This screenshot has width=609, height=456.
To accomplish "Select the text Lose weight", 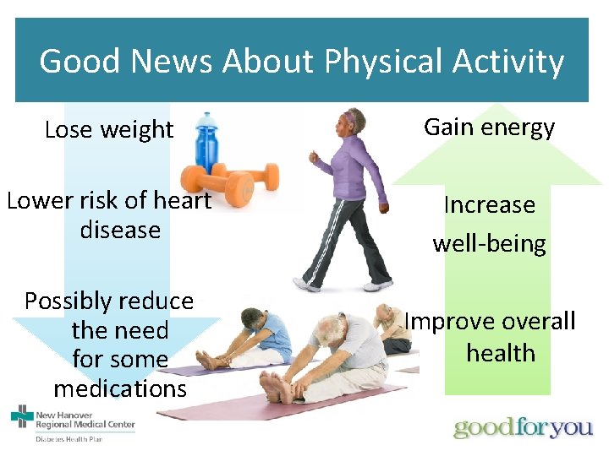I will click(x=108, y=130).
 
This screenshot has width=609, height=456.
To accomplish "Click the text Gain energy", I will click(x=489, y=128).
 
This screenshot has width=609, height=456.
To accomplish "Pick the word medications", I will click(x=119, y=388).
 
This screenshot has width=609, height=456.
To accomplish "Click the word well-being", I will click(x=489, y=244).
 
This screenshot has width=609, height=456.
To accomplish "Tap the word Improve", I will click(x=449, y=322).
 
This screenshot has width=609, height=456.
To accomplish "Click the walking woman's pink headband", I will click(x=350, y=113).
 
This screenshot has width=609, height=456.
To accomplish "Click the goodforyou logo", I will click(x=522, y=427).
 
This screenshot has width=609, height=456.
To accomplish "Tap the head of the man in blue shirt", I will click(x=253, y=319).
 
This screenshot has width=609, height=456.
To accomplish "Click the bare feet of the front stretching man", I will click(x=276, y=388).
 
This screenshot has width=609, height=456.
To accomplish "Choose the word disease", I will click(x=119, y=230).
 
